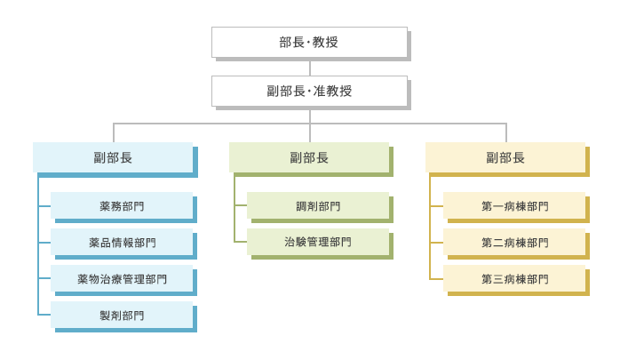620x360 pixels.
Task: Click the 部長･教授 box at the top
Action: [310, 43]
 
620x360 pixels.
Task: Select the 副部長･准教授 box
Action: [310, 91]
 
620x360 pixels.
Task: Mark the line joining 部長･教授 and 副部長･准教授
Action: [310, 68]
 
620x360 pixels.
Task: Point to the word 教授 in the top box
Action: [325, 43]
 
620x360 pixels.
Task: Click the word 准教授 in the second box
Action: [332, 91]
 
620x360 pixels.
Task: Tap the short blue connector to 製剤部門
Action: [44, 315]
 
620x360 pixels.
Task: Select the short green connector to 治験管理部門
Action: [241, 242]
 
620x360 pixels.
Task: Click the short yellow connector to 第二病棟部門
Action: [436, 243]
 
